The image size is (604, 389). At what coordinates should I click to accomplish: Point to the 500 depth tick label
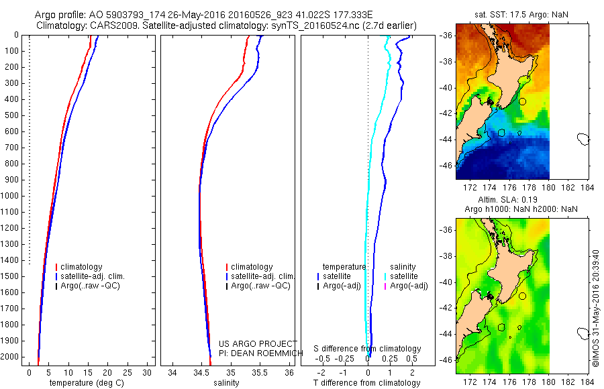(11, 115)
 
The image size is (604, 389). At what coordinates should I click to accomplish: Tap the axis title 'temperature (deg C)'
(85, 383)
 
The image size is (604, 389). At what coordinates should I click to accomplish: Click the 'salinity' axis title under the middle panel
(226, 383)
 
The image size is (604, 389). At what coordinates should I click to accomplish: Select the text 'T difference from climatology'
(368, 383)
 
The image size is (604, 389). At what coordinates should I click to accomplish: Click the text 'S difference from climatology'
(368, 349)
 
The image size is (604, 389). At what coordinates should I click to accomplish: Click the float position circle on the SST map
(522, 101)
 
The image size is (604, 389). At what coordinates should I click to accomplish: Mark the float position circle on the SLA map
(522, 296)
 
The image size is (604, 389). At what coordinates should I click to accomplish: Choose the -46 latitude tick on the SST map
(447, 165)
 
